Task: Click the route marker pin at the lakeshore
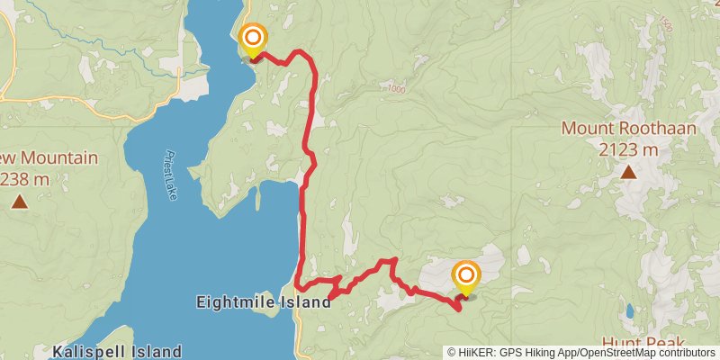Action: (254, 39)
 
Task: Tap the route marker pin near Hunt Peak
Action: (466, 274)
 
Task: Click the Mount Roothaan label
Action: (629, 129)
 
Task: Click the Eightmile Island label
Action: (264, 303)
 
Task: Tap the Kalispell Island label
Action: (117, 351)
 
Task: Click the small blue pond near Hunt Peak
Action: (629, 311)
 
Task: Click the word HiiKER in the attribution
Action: (473, 353)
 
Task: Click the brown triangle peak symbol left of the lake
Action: (20, 202)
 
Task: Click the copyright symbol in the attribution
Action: (453, 353)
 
